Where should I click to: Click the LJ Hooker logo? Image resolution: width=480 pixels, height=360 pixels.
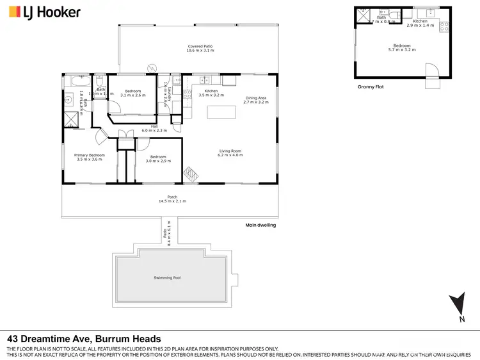click(44, 12)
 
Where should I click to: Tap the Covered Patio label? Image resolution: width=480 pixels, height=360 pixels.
click(200, 48)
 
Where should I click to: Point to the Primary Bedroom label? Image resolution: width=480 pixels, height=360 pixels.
click(90, 157)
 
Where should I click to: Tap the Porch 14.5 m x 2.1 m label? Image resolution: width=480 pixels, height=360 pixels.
click(173, 199)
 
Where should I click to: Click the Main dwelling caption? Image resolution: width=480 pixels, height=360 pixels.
click(260, 225)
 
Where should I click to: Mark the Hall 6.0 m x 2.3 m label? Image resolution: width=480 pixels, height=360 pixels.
click(154, 128)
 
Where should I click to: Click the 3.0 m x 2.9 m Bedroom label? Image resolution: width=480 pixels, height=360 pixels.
click(158, 159)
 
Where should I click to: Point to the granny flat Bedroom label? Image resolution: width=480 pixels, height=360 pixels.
click(402, 47)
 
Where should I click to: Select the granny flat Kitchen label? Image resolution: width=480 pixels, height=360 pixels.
click(420, 23)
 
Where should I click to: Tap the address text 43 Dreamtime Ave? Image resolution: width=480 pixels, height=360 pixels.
click(84, 339)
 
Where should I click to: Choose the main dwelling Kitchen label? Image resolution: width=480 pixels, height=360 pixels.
click(211, 93)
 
